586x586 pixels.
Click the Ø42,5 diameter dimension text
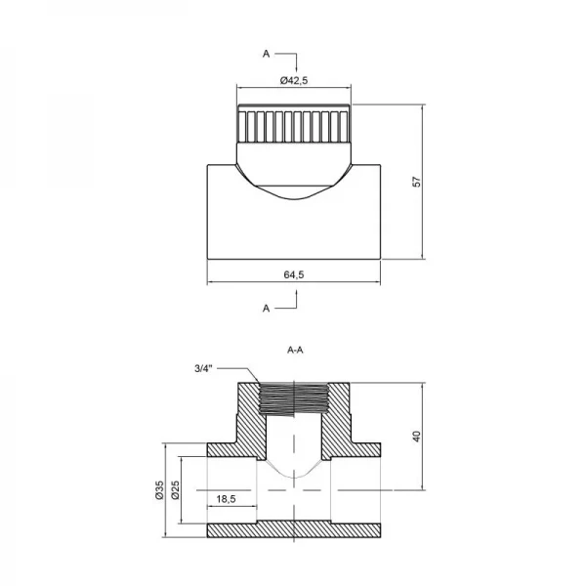click(294, 80)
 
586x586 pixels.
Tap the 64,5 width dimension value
click(294, 274)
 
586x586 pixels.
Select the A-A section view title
click(294, 348)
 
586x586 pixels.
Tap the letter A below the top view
click(266, 308)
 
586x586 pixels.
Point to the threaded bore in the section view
click(294, 399)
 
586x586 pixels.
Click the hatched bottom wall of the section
click(294, 531)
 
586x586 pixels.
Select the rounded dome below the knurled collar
click(294, 176)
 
